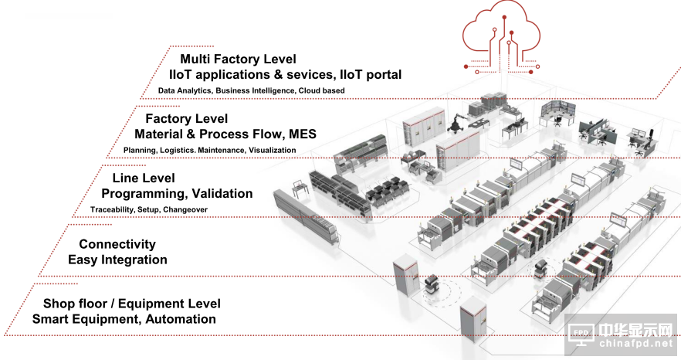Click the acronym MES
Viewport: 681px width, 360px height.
click(x=301, y=134)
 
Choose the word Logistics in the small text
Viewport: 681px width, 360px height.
click(x=177, y=150)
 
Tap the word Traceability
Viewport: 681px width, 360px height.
click(x=114, y=209)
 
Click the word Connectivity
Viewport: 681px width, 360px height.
click(x=117, y=244)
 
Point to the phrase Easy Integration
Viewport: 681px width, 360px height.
click(x=117, y=260)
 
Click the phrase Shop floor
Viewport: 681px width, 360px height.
click(x=78, y=304)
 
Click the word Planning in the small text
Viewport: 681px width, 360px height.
click(x=140, y=150)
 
